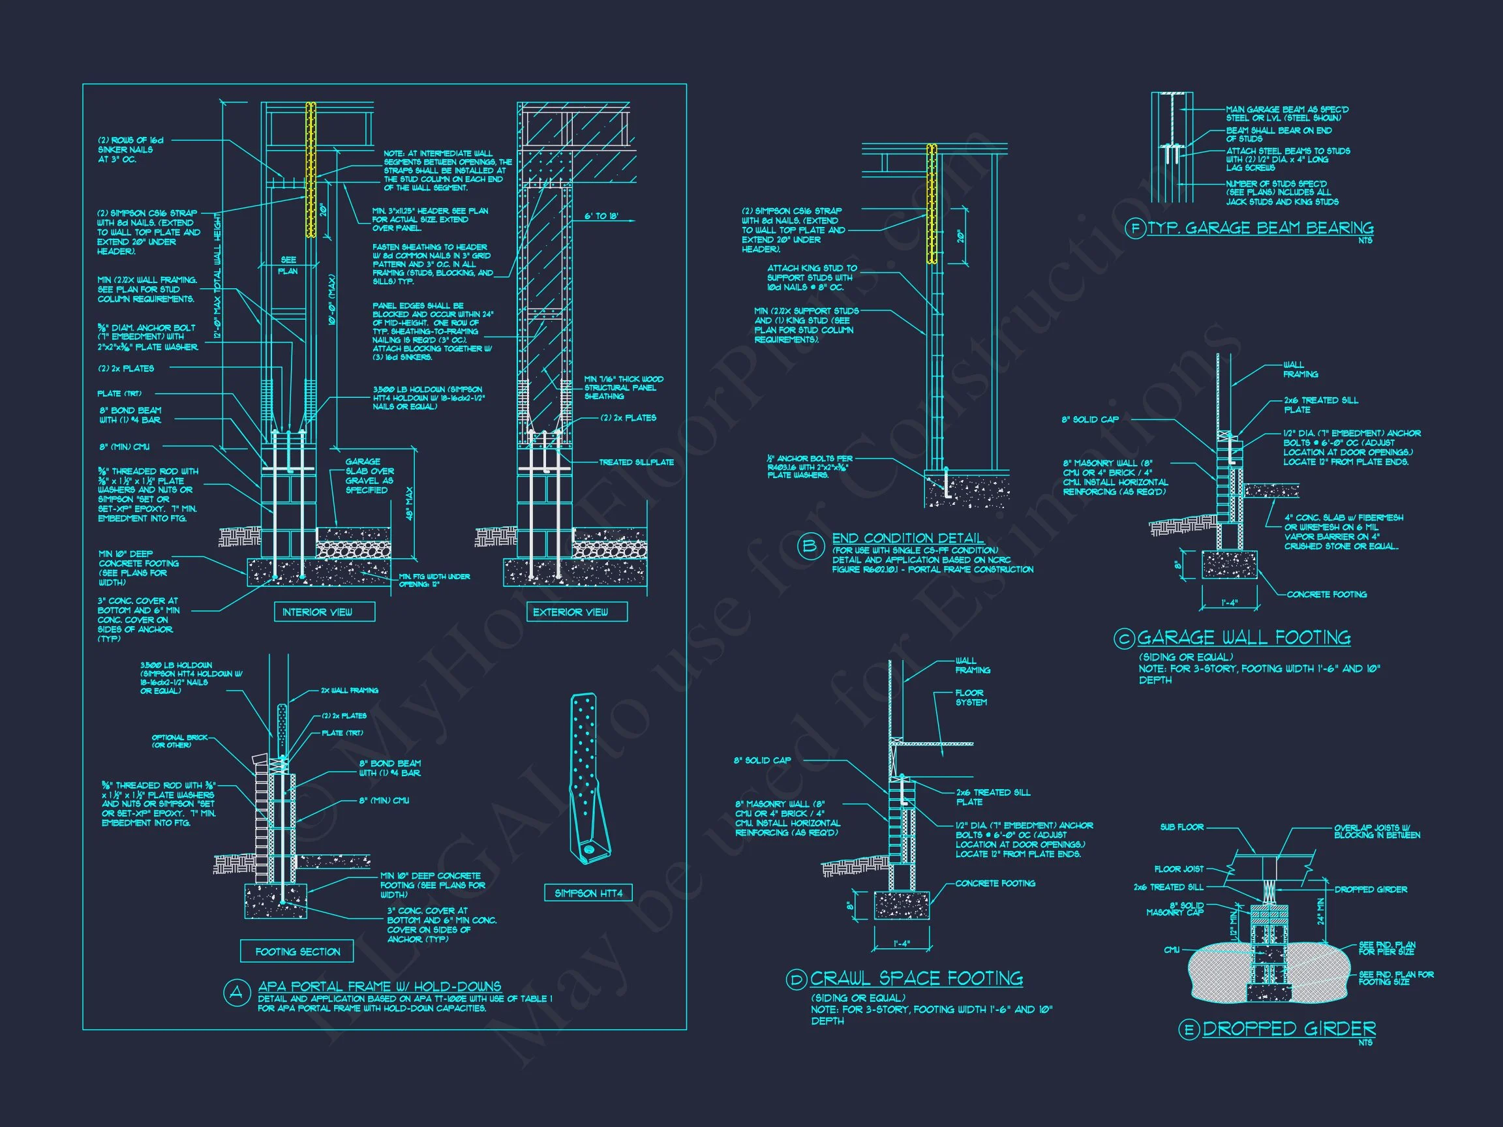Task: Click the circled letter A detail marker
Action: (x=236, y=993)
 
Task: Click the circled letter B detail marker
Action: (x=810, y=547)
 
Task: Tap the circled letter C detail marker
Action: (x=1125, y=638)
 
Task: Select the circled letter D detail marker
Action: (x=796, y=979)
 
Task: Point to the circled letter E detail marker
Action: (x=1189, y=1030)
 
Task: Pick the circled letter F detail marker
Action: (x=1135, y=228)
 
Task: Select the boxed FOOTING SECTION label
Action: (x=297, y=952)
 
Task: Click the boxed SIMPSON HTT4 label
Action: (x=588, y=894)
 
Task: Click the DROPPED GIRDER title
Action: (x=1289, y=1029)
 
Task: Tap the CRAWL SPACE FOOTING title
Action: (x=916, y=978)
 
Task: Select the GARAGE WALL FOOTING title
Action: (x=1243, y=637)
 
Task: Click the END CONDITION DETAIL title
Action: (x=908, y=539)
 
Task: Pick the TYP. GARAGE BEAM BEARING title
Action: (x=1260, y=228)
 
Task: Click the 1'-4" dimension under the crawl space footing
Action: (x=901, y=944)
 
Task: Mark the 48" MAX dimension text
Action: (x=409, y=503)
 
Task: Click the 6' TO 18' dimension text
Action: (x=601, y=216)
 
